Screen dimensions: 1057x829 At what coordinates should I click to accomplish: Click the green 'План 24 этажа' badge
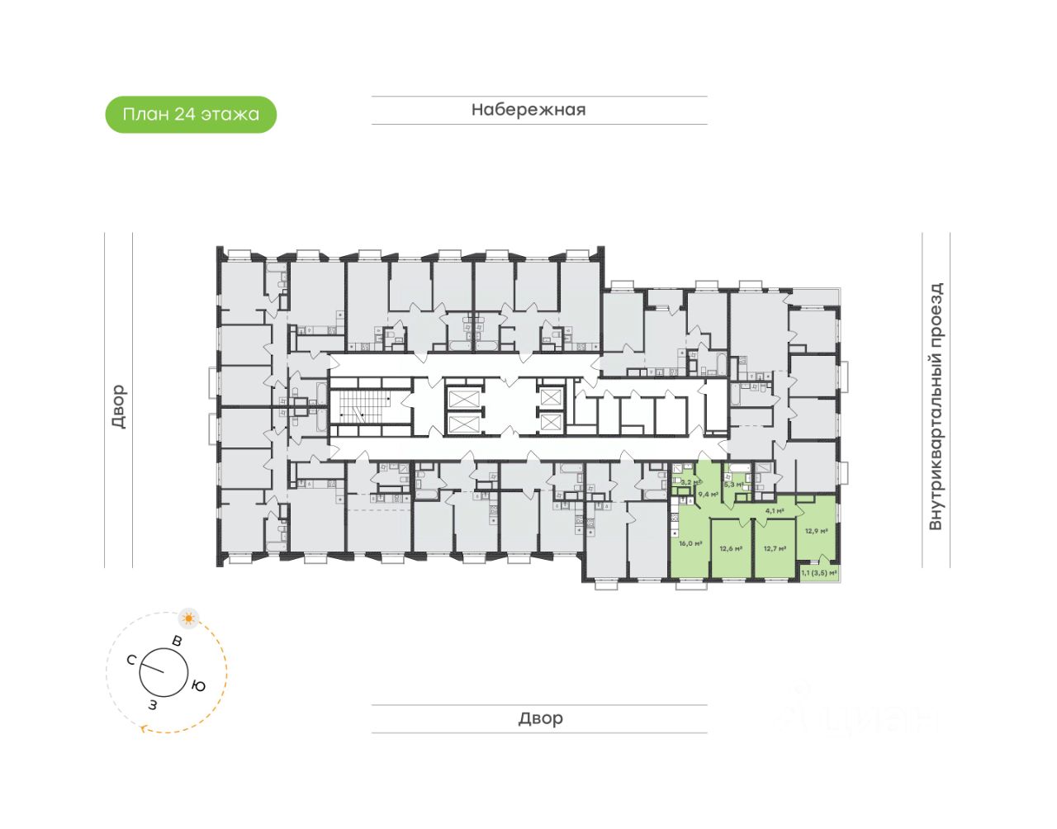pyautogui.click(x=191, y=114)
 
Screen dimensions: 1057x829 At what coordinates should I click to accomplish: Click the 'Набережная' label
pyautogui.click(x=528, y=110)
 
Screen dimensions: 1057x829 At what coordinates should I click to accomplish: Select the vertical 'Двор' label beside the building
pyautogui.click(x=119, y=406)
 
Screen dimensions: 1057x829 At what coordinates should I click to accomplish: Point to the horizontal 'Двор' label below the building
pyautogui.click(x=540, y=718)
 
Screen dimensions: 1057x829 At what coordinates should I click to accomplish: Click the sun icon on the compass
pyautogui.click(x=189, y=618)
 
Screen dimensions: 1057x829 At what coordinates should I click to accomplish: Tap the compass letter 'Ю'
pyautogui.click(x=198, y=685)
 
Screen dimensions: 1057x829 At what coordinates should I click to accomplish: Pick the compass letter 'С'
pyautogui.click(x=131, y=660)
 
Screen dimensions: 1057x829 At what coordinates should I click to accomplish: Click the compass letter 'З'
pyautogui.click(x=153, y=704)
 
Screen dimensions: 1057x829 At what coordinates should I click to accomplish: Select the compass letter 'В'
pyautogui.click(x=177, y=641)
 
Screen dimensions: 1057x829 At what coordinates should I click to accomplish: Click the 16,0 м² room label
pyautogui.click(x=690, y=543)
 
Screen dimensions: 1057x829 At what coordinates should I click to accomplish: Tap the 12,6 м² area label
pyautogui.click(x=731, y=548)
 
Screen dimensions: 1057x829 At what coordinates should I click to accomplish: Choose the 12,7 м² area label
pyautogui.click(x=775, y=548)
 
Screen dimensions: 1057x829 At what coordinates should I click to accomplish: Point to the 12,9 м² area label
pyautogui.click(x=816, y=531)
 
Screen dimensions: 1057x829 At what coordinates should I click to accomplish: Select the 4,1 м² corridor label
pyautogui.click(x=775, y=510)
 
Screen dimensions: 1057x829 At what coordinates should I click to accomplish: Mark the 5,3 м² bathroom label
pyautogui.click(x=733, y=485)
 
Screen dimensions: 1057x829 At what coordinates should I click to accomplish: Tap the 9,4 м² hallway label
pyautogui.click(x=708, y=494)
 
